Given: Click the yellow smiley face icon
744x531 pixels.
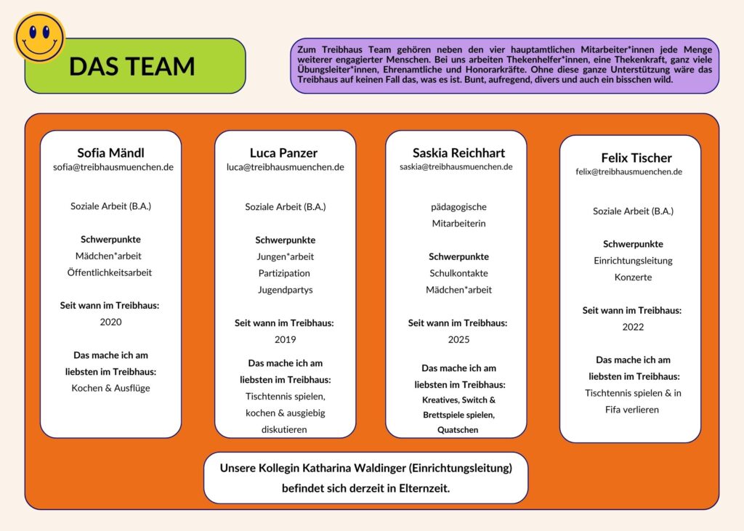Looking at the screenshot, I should (39, 37).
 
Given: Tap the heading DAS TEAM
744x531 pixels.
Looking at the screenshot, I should (132, 66).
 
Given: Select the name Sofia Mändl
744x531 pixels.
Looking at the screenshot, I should (110, 153).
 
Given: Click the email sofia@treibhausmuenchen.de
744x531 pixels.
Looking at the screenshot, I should (113, 167).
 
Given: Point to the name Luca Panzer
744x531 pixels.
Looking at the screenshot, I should (283, 153).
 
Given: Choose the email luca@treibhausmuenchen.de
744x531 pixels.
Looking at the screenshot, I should (286, 167).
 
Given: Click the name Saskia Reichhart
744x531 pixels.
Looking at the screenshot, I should (458, 153).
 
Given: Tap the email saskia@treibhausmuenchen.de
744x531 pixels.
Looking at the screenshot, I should (456, 167).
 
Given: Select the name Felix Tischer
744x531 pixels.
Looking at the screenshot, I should (636, 158).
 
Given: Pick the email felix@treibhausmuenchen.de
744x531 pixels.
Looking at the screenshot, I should (628, 172).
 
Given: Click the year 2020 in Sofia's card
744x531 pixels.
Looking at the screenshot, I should (110, 322).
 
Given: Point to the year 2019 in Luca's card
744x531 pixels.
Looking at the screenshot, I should (285, 339).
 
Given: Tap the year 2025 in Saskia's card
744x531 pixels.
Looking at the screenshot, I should (458, 339).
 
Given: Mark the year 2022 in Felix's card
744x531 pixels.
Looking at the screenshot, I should (633, 327).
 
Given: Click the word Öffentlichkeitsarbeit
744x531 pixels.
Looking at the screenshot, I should (110, 272).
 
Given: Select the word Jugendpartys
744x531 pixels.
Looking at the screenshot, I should (285, 290).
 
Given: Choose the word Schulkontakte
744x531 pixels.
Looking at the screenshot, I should (458, 273).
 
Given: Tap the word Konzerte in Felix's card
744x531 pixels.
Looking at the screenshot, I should (633, 277).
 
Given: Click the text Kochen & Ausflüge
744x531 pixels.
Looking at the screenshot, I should (110, 388).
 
